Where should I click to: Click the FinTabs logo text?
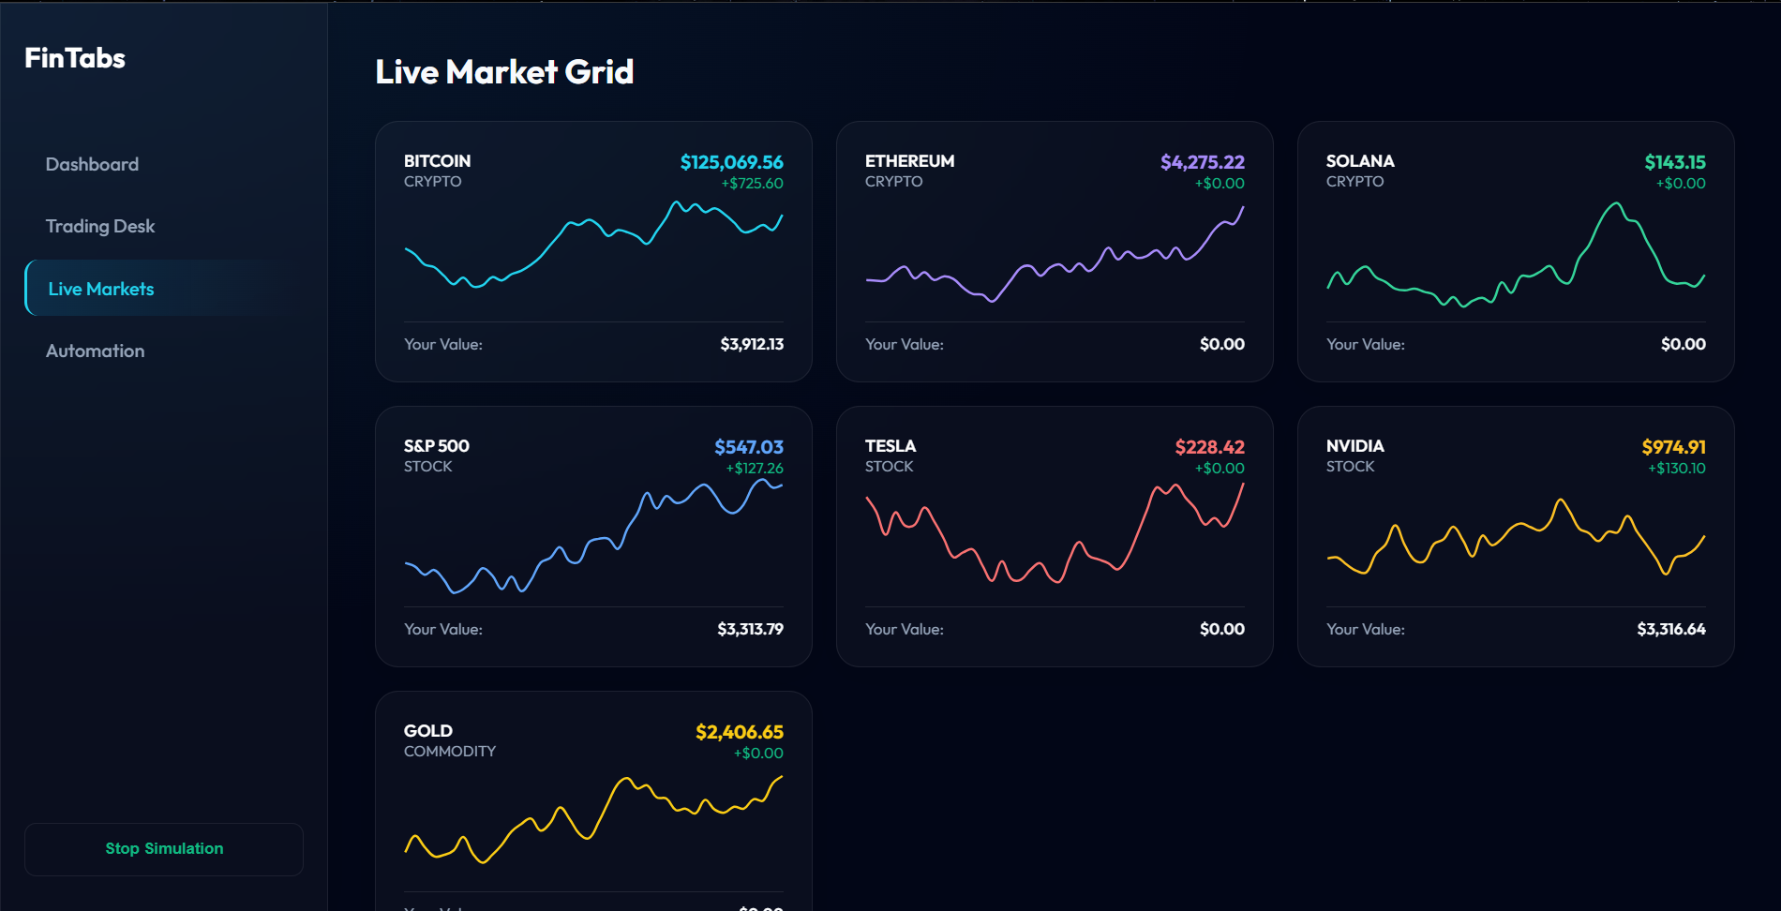coord(75,58)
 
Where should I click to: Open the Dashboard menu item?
coord(92,164)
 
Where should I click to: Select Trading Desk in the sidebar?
coord(100,226)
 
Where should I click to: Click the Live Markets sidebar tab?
coord(101,289)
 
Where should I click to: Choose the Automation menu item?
coord(96,351)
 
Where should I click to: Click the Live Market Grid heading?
coord(504,72)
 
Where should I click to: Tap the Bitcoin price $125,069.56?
coord(731,162)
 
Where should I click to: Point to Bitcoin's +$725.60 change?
coord(752,184)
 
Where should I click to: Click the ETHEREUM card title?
coord(909,161)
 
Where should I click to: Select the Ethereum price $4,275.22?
coord(1202,162)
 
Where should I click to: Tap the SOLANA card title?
coord(1360,161)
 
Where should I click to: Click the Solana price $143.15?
coord(1674,162)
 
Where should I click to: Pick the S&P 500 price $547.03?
coord(748,447)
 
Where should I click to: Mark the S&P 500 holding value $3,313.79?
coord(750,629)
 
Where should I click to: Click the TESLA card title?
coord(890,446)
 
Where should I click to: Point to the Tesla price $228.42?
coord(1209,447)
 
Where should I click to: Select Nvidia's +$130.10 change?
coord(1676,469)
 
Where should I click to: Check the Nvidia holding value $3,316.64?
coord(1670,629)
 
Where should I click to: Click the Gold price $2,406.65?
coord(739,732)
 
